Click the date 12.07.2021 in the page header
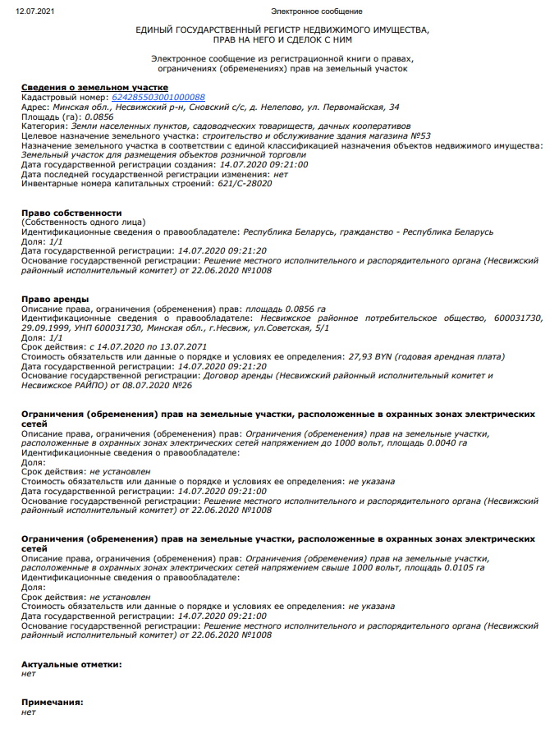tap(34, 11)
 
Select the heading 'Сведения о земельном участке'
tap(94, 87)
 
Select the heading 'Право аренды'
tap(55, 298)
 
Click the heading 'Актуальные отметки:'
tap(71, 663)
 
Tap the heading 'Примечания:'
tap(53, 703)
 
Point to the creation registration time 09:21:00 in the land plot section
tap(284, 164)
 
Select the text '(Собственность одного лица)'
tap(83, 222)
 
